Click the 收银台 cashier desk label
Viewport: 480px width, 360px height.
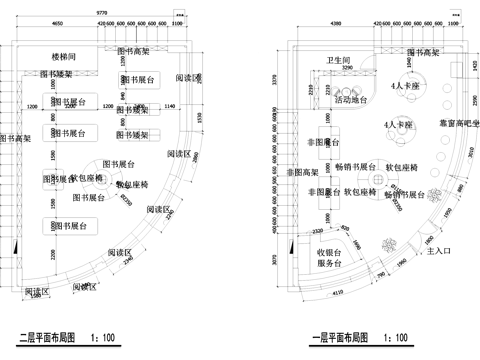click(332, 252)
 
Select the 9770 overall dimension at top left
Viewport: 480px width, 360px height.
click(102, 11)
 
